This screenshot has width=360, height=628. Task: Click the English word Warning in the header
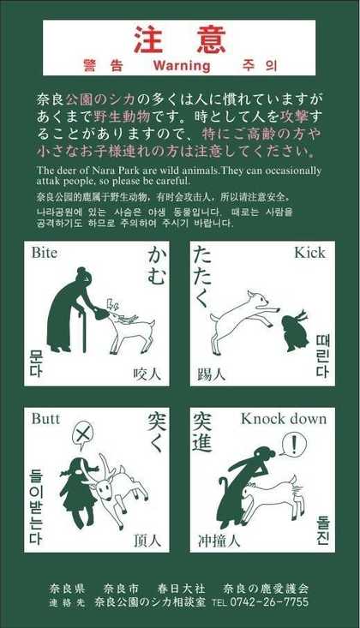coord(182,65)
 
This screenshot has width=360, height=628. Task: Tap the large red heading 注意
coord(179,39)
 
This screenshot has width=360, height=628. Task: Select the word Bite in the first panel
coord(44,253)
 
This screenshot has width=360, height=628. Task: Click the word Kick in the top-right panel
coord(310,253)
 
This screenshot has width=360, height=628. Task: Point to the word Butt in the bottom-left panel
coord(45,419)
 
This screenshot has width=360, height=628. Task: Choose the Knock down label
coord(284,419)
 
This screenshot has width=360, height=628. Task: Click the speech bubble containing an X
coord(82,434)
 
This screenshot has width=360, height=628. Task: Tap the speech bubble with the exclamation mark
coord(293,444)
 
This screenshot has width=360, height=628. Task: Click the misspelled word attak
coord(47,181)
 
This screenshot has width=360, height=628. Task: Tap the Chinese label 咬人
coord(147,374)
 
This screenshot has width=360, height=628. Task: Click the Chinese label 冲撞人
coord(219,541)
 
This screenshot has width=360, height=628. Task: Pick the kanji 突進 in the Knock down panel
coord(202,432)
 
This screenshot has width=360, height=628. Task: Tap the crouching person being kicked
coord(295,332)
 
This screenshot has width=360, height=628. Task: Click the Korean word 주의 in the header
coord(260,65)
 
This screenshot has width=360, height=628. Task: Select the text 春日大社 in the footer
coord(181,589)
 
